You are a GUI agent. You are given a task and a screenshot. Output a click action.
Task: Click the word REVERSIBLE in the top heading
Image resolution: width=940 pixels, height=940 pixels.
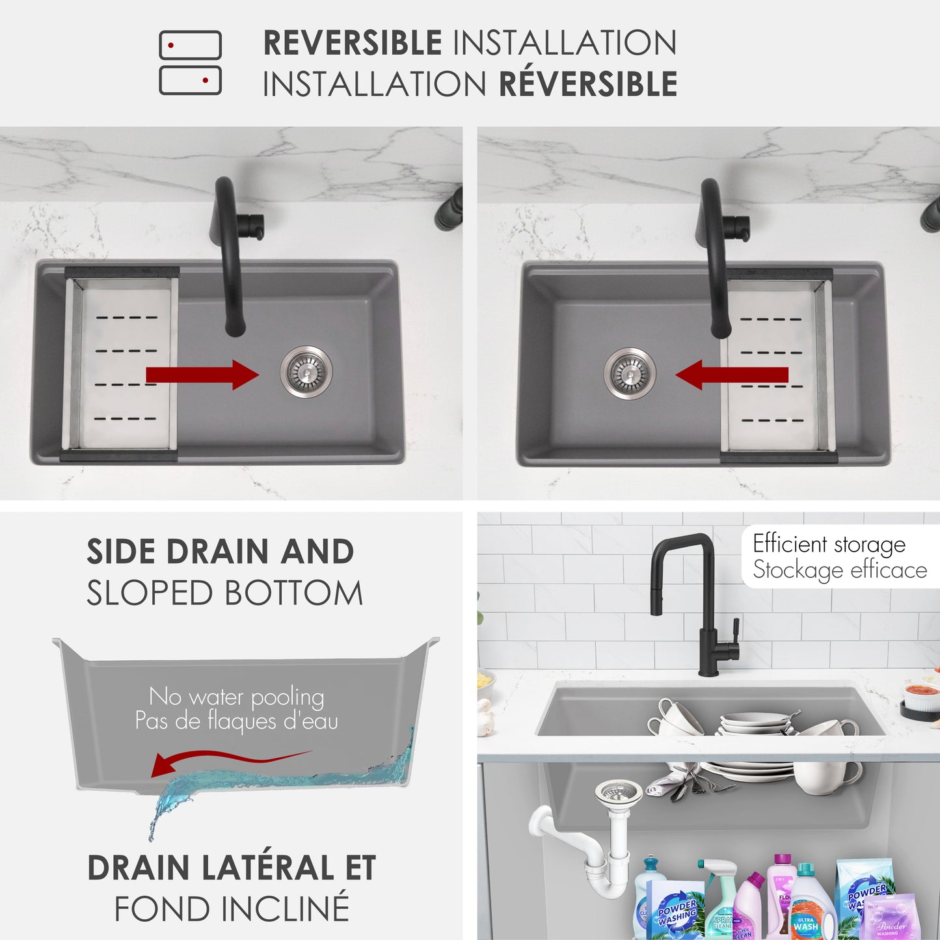(x=352, y=44)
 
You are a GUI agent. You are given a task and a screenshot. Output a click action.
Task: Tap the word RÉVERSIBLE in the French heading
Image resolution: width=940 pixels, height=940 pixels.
(x=588, y=85)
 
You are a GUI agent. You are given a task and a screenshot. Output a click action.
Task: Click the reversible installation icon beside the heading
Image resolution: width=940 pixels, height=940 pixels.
(x=190, y=63)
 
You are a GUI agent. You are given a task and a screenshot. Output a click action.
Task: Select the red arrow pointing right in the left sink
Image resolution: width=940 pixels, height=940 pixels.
(x=202, y=375)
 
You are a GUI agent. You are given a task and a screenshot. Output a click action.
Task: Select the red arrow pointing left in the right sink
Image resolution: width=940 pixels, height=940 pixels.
(x=732, y=375)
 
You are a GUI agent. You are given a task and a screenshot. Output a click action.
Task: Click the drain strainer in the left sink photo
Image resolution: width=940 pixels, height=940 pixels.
(x=306, y=371)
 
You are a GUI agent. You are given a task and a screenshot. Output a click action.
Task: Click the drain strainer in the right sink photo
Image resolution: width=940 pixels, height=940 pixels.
(x=629, y=373)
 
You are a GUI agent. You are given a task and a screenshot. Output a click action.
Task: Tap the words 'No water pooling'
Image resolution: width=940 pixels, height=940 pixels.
(x=236, y=697)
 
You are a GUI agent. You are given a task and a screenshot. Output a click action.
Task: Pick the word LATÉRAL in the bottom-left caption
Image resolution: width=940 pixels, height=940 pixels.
(x=267, y=868)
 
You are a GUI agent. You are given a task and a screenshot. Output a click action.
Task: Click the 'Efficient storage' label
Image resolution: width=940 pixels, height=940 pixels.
(x=829, y=544)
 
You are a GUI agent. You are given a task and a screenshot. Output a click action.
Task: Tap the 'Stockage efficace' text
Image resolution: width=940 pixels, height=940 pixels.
(x=839, y=570)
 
